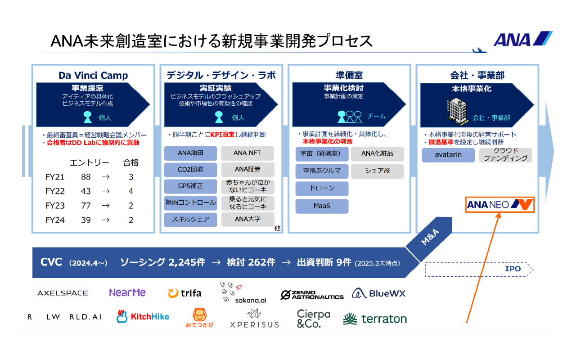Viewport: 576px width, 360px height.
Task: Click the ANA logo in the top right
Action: click(523, 39)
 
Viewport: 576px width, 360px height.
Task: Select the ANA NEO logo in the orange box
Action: click(500, 205)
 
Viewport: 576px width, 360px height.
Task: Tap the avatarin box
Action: click(448, 155)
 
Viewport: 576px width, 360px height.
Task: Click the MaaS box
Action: click(322, 206)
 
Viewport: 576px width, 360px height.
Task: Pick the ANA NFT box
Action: click(247, 153)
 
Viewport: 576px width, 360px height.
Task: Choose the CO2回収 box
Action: click(190, 170)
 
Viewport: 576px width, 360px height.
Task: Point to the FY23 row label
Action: click(55, 206)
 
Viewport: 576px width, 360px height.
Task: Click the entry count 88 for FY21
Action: click(86, 177)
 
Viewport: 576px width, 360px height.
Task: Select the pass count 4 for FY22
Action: click(131, 191)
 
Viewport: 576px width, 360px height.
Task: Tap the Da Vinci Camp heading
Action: click(93, 75)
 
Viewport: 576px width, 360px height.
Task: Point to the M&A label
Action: click(430, 237)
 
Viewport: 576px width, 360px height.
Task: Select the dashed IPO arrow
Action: click(479, 269)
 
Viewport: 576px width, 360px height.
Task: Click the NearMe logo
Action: click(127, 292)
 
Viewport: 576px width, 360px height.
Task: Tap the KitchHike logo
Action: click(143, 316)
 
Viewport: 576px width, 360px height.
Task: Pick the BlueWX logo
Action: click(379, 293)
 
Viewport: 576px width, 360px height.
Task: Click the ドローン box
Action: click(322, 189)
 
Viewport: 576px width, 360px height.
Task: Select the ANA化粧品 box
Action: click(377, 153)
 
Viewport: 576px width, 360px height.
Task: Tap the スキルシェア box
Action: click(190, 220)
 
